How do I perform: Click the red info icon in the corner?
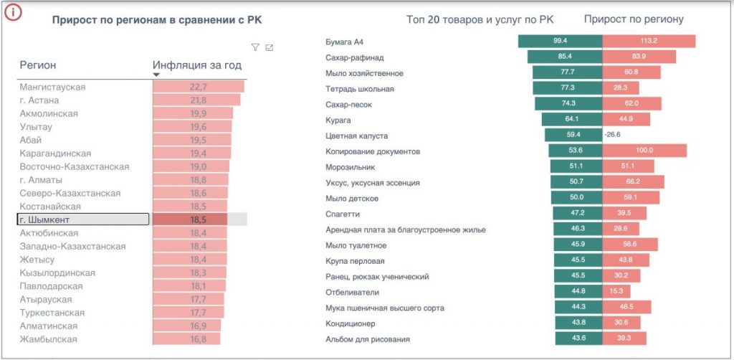point(14,14)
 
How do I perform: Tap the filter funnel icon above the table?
point(254,47)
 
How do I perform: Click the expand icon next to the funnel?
point(269,47)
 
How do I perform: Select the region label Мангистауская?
point(53,87)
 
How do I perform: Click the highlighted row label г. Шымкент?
point(45,219)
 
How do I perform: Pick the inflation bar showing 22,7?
point(199,87)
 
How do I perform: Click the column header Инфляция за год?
point(197,65)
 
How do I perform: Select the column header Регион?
point(38,65)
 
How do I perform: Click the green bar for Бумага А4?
point(561,41)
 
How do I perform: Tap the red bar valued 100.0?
point(644,151)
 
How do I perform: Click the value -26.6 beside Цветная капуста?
point(612,135)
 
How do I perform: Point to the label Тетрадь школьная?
point(360,88)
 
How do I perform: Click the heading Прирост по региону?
point(634,19)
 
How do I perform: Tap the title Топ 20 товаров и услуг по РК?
point(480,19)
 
